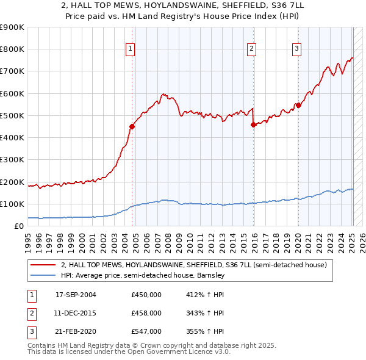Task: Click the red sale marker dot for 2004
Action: pos(132,126)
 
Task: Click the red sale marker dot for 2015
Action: pos(253,124)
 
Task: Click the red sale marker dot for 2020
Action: pos(298,105)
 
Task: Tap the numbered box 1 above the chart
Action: pos(131,49)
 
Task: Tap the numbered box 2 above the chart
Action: pos(252,49)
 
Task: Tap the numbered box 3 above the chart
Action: pos(296,49)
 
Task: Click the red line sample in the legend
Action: pos(43,265)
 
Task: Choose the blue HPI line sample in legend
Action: pos(43,275)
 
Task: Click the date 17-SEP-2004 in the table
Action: pos(76,295)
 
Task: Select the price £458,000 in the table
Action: pos(146,313)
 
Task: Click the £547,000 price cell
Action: pos(146,331)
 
